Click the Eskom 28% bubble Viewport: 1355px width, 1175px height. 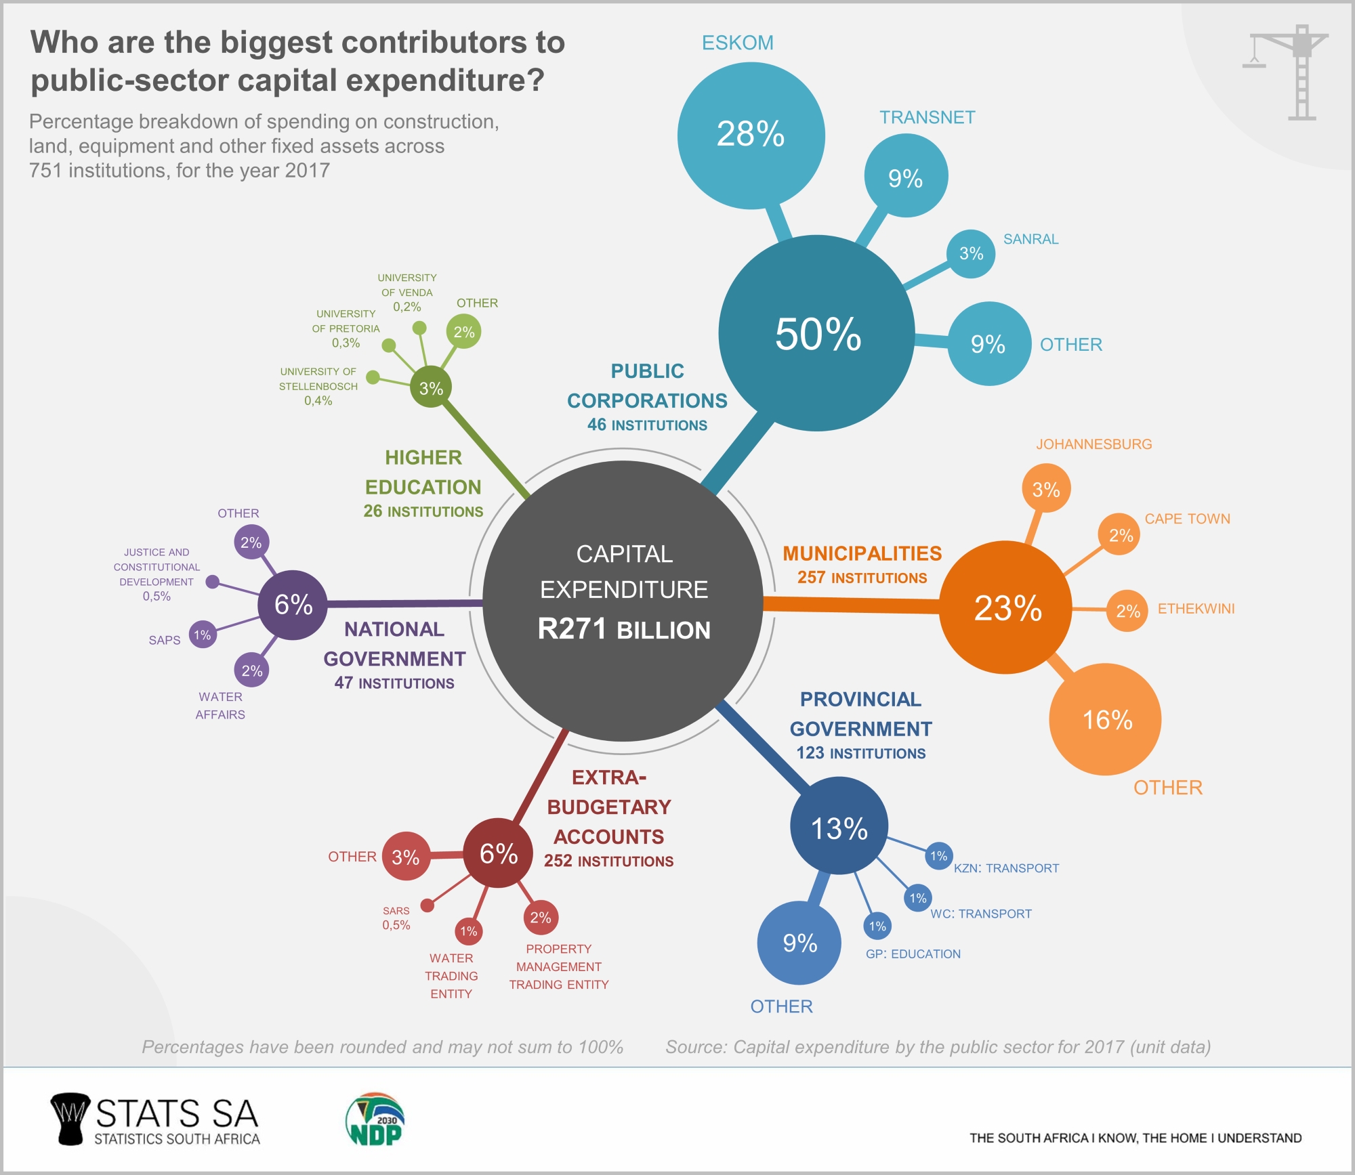(x=751, y=135)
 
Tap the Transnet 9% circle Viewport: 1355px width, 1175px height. (x=906, y=176)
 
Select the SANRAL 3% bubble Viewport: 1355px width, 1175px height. (x=971, y=254)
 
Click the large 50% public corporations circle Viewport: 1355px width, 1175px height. (x=817, y=333)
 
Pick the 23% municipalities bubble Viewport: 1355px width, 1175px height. (x=1006, y=607)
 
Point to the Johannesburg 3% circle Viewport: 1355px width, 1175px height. (x=1046, y=488)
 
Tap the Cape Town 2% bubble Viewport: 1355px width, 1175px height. (x=1119, y=535)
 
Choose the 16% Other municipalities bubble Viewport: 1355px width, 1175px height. (x=1105, y=719)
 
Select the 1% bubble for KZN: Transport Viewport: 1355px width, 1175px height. (x=938, y=856)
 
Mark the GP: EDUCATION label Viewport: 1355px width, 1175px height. (x=913, y=954)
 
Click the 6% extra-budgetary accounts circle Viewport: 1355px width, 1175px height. (x=498, y=853)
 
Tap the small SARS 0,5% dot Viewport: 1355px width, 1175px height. (x=428, y=905)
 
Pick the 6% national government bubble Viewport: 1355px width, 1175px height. (x=293, y=604)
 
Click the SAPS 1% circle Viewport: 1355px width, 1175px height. (x=203, y=635)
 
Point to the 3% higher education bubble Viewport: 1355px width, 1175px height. (x=431, y=388)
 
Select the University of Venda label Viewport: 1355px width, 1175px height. (x=406, y=285)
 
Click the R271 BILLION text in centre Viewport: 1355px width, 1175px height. (x=624, y=629)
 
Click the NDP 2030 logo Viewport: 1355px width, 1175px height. (x=375, y=1119)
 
